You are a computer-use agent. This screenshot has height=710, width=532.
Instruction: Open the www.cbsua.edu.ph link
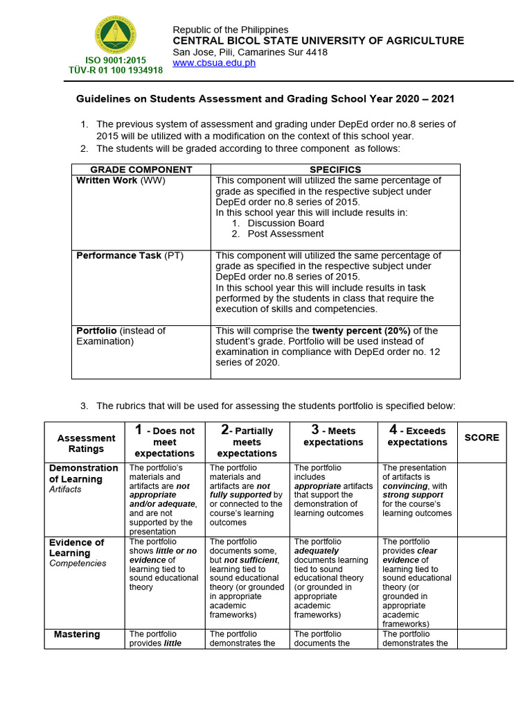point(214,63)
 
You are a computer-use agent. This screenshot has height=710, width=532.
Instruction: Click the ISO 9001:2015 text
point(116,61)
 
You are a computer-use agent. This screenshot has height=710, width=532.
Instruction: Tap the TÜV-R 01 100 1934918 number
point(116,71)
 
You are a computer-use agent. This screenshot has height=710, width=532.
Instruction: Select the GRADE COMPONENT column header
point(141,169)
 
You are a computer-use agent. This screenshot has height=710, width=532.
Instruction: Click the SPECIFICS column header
point(335,169)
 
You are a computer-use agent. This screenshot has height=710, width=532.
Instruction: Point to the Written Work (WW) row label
point(121,181)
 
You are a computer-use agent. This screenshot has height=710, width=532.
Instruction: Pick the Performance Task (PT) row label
point(130,256)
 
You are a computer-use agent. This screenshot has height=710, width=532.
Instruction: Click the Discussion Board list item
point(285,223)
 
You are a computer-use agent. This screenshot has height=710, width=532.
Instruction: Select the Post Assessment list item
point(285,234)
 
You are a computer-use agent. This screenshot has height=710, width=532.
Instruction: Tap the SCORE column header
point(481,438)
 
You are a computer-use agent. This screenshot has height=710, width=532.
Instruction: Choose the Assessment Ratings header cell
point(86,443)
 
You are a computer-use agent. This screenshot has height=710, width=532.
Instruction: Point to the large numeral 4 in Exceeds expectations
point(393,430)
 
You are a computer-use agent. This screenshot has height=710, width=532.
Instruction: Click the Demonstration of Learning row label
point(84,474)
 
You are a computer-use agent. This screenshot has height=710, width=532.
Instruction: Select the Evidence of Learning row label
point(76,548)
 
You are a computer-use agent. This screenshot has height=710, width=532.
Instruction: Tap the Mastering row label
point(77,634)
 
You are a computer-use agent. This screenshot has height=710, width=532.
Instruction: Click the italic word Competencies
point(77,564)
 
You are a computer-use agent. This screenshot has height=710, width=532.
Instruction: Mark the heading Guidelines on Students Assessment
point(265,99)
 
